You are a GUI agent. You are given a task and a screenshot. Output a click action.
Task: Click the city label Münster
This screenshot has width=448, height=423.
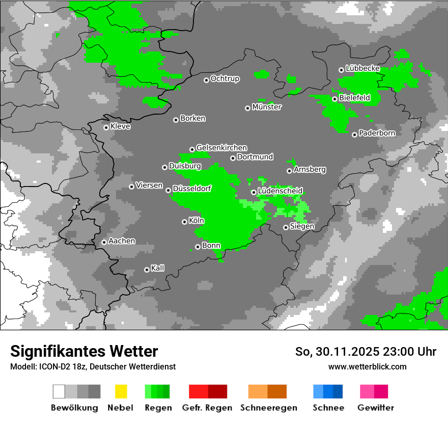[x=267, y=107]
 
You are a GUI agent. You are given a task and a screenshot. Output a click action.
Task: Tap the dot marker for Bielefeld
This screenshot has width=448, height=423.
[x=334, y=99]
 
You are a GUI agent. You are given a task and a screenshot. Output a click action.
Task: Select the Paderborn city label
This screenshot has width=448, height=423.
[x=377, y=133]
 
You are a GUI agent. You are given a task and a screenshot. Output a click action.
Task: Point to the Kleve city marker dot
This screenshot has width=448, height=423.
[x=106, y=127]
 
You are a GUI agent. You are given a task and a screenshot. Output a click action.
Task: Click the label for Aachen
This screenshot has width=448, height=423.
[x=122, y=241]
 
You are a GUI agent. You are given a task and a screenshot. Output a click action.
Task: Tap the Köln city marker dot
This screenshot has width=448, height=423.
[x=184, y=222]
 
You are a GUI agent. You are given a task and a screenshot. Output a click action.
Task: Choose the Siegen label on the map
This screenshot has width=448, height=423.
[x=302, y=226]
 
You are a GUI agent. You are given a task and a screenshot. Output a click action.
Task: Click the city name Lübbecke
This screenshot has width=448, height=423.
[x=362, y=68]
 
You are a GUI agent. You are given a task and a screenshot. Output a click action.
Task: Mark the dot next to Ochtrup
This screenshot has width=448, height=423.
[x=206, y=80]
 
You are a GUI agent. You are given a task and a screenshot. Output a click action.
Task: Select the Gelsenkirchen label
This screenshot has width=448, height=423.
[x=221, y=148]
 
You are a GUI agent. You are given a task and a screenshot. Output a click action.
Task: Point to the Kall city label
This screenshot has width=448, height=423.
[x=158, y=268]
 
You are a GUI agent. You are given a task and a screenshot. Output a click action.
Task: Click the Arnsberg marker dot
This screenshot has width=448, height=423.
[x=289, y=171]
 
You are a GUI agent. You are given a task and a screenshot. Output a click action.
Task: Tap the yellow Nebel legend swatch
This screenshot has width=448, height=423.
[x=121, y=391]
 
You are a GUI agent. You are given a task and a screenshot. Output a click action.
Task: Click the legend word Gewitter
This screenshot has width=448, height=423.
[x=376, y=408]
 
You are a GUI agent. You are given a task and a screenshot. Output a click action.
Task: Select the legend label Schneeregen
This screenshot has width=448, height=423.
[x=268, y=408]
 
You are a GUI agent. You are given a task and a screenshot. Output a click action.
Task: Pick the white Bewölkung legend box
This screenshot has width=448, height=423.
[x=59, y=391]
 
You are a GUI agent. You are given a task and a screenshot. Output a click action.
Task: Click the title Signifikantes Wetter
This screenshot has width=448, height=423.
[x=84, y=352]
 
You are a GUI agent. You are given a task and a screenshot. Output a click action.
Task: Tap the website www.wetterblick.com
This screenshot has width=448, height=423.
[x=368, y=366]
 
